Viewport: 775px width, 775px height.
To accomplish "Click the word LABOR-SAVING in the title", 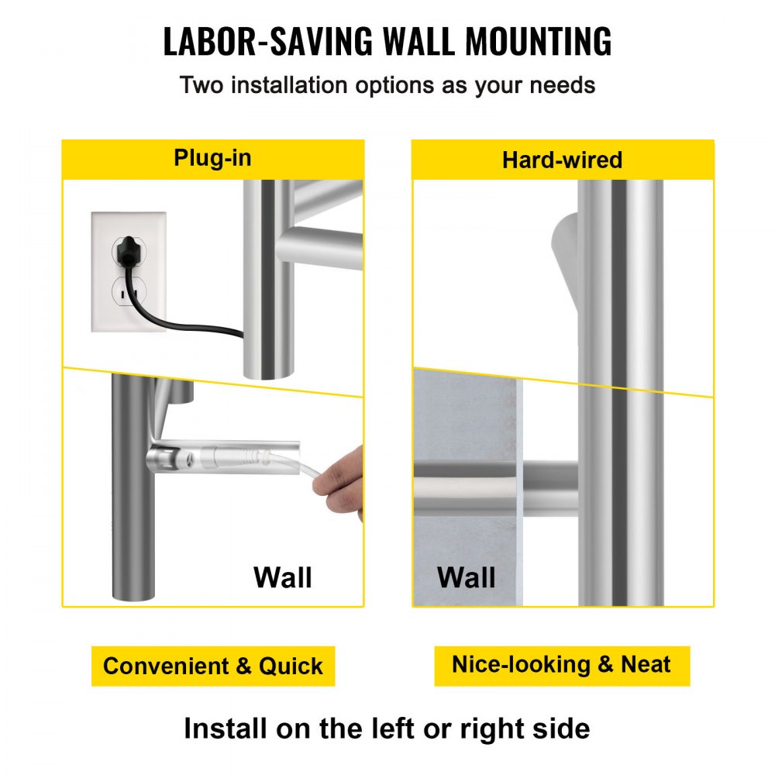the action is [x=267, y=41].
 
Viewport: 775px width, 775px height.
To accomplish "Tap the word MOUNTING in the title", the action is [x=539, y=41].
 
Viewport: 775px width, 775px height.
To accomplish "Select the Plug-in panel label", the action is [x=212, y=158].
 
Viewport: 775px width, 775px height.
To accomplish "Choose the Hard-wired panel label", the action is [x=562, y=160].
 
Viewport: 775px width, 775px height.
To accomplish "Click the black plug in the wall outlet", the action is [x=129, y=250].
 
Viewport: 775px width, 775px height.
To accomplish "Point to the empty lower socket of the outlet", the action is [x=129, y=294].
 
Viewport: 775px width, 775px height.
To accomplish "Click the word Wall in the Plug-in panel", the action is [x=283, y=577].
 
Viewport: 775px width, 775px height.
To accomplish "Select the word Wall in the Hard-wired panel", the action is [x=466, y=577].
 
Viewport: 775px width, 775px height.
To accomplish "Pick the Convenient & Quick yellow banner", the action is [x=213, y=666].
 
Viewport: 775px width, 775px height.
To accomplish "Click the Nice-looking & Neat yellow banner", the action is [x=562, y=665].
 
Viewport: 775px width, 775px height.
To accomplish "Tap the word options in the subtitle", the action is [x=394, y=85].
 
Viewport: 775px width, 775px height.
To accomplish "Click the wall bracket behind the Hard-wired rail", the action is [x=565, y=262].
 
